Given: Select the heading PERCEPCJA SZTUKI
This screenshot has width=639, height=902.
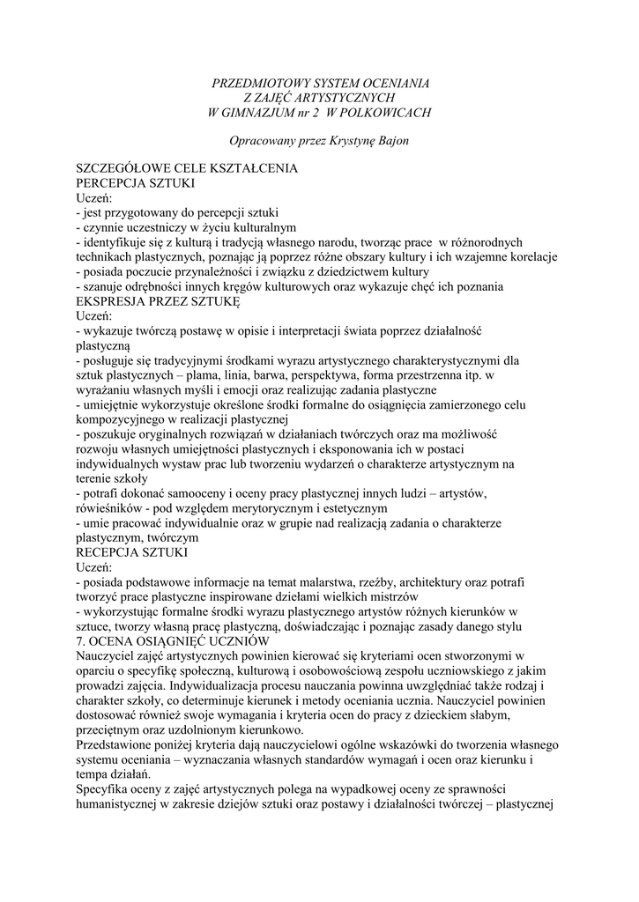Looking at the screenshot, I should pos(135,182).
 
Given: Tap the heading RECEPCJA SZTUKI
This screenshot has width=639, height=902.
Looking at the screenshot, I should pos(131,552).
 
